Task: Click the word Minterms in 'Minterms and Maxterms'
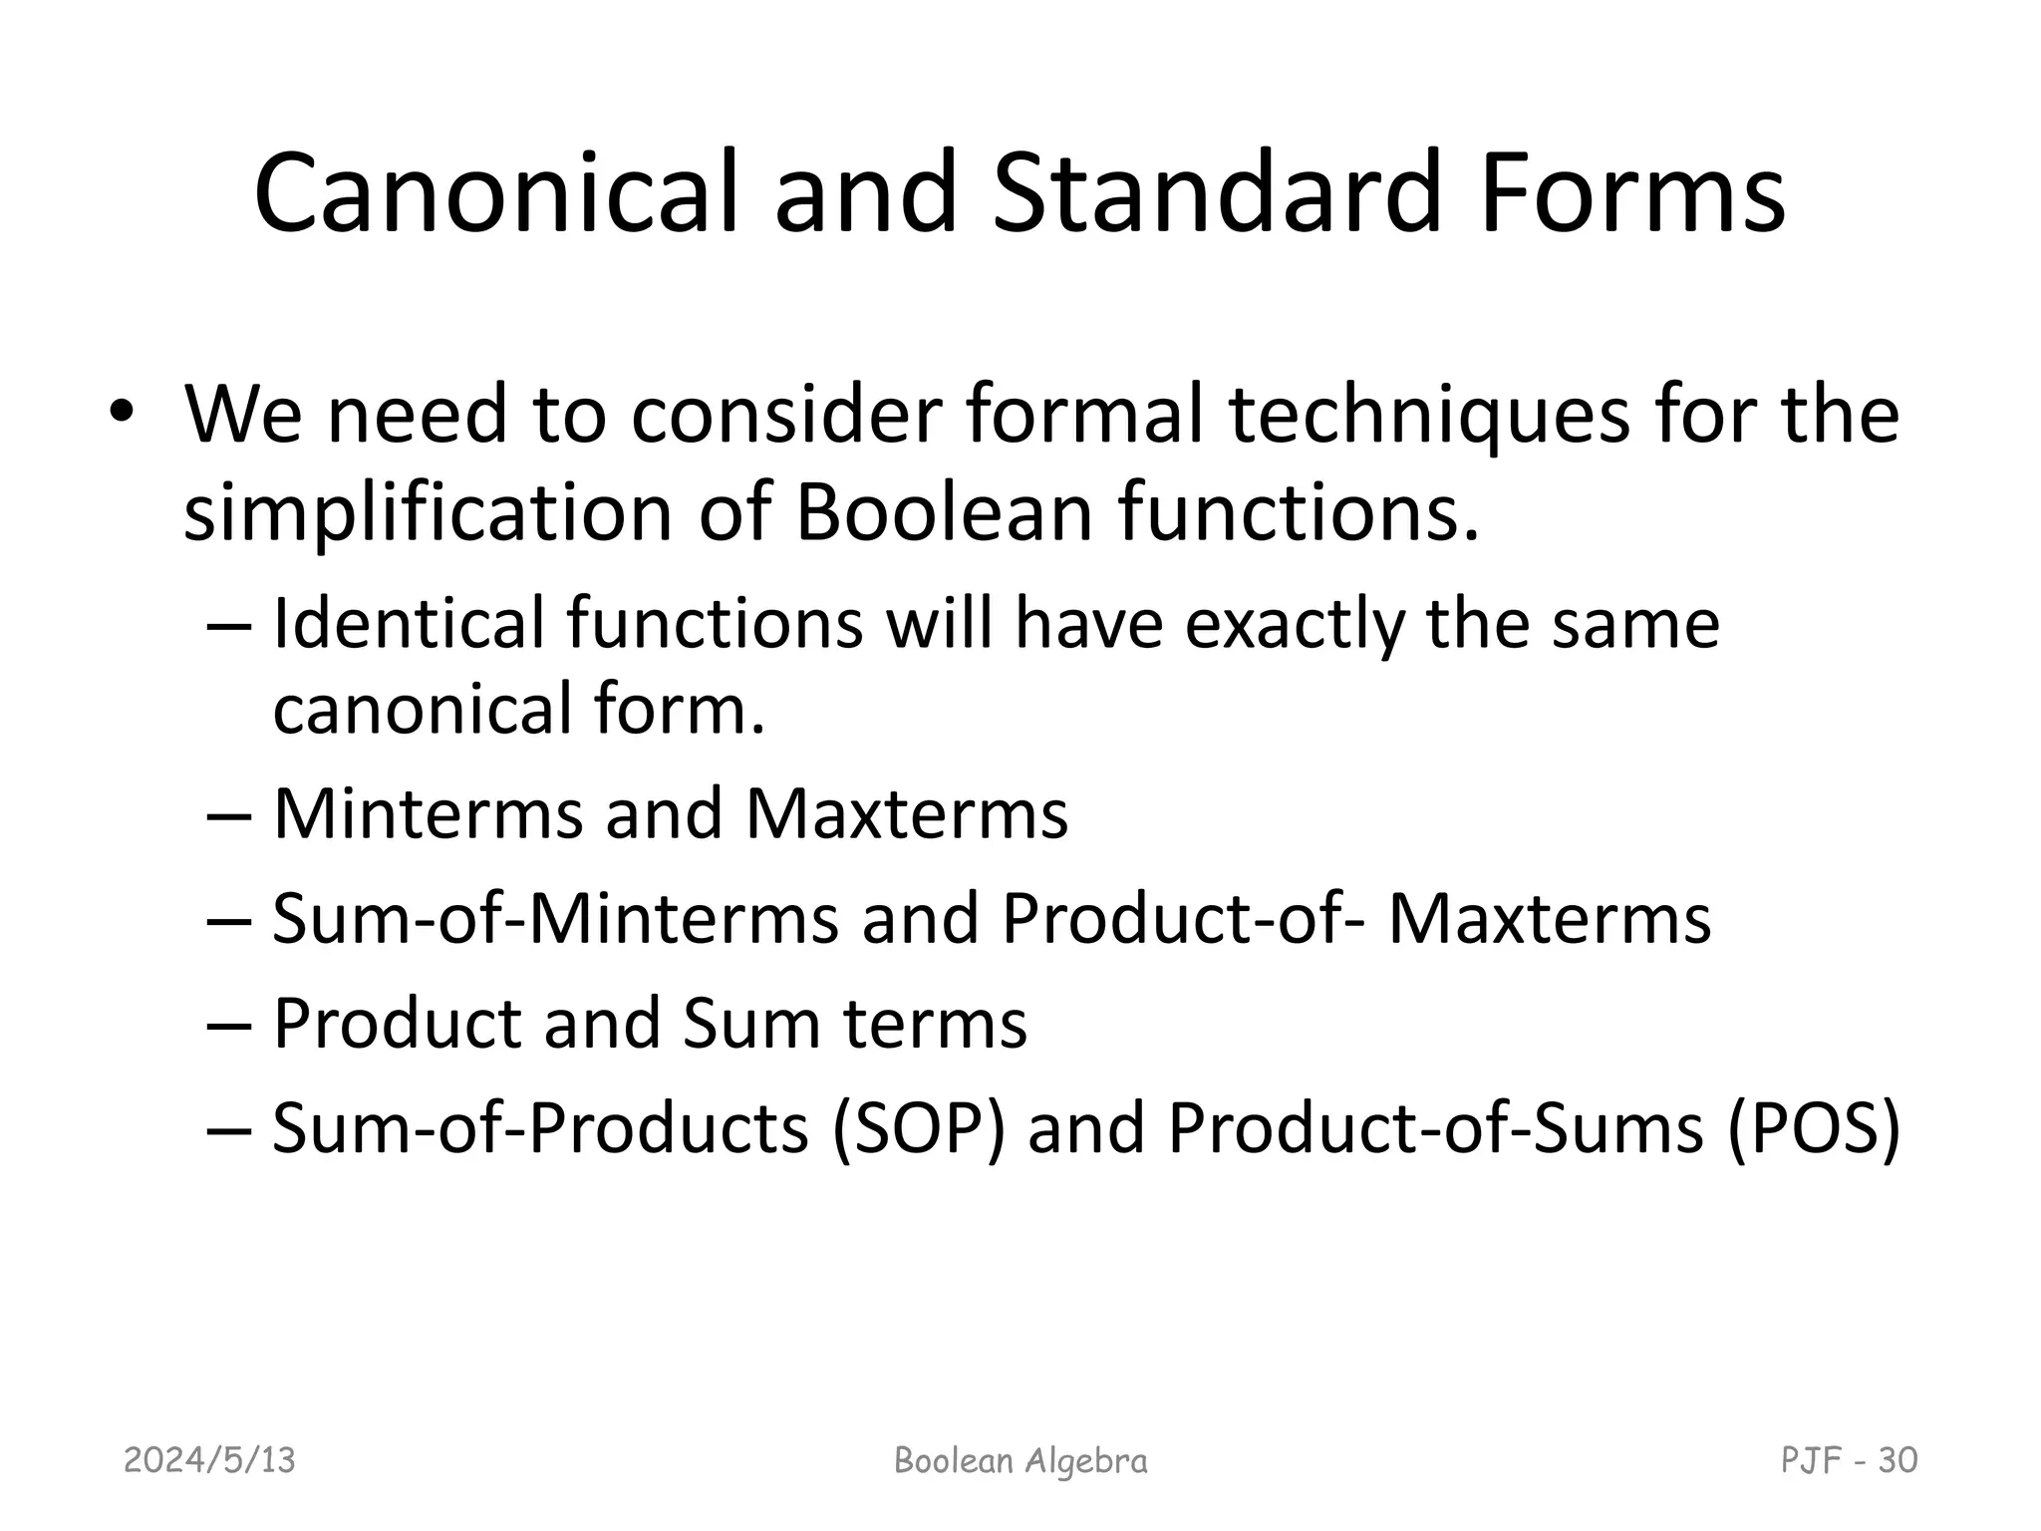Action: click(428, 813)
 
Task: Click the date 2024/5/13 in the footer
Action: click(209, 1460)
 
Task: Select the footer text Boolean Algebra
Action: click(1020, 1460)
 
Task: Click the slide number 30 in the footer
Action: click(1896, 1460)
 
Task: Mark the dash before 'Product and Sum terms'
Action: click(228, 1025)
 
